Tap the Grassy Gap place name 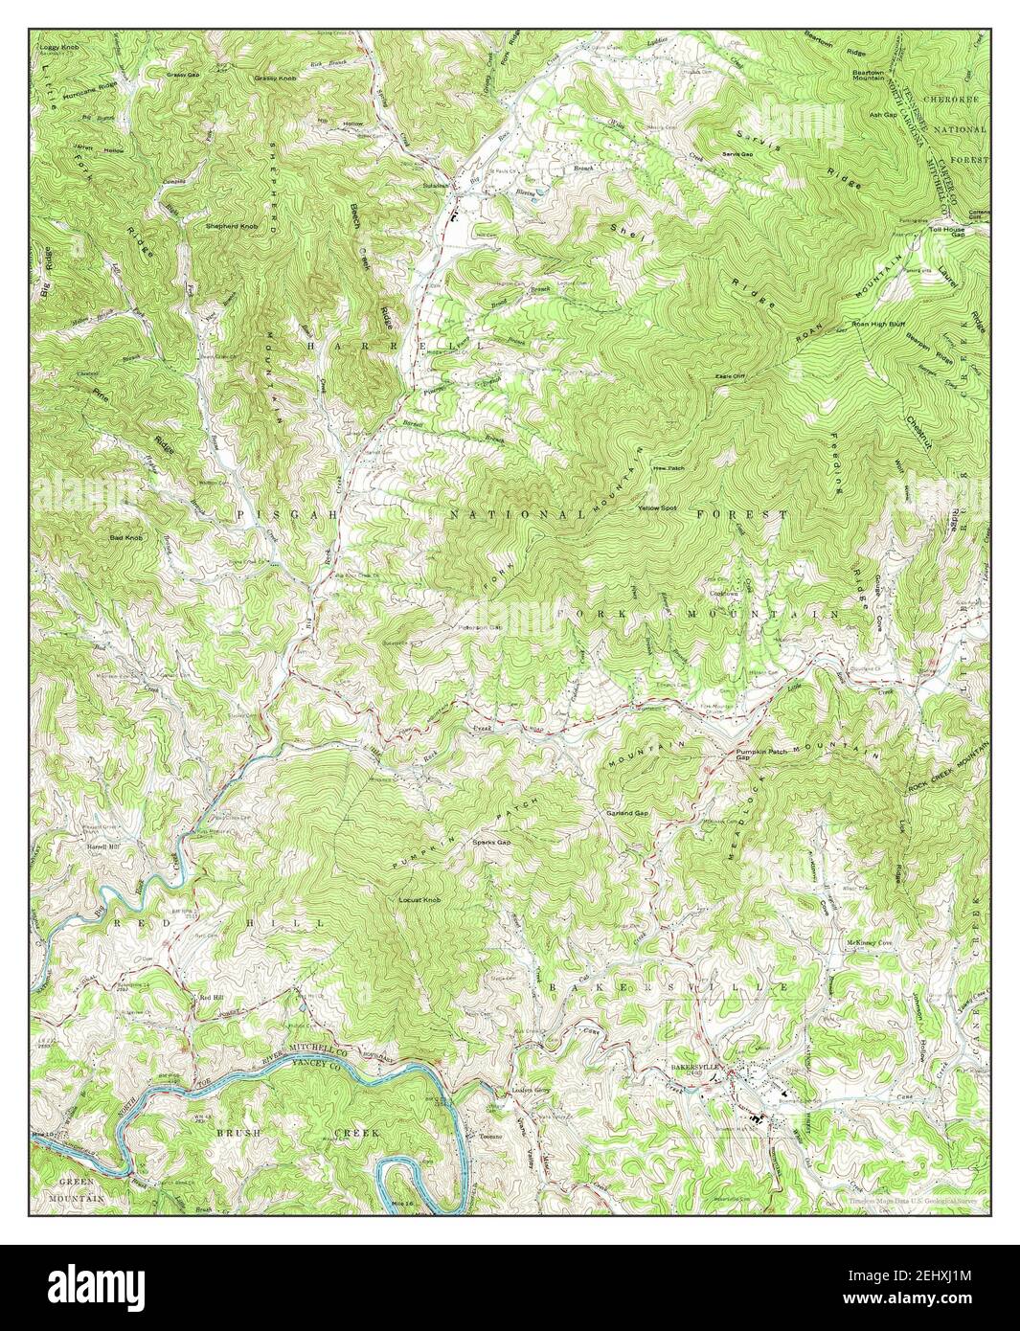(x=182, y=75)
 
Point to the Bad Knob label (x=125, y=539)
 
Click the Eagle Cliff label (x=730, y=376)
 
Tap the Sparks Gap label (x=490, y=843)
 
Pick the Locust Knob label (x=419, y=900)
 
